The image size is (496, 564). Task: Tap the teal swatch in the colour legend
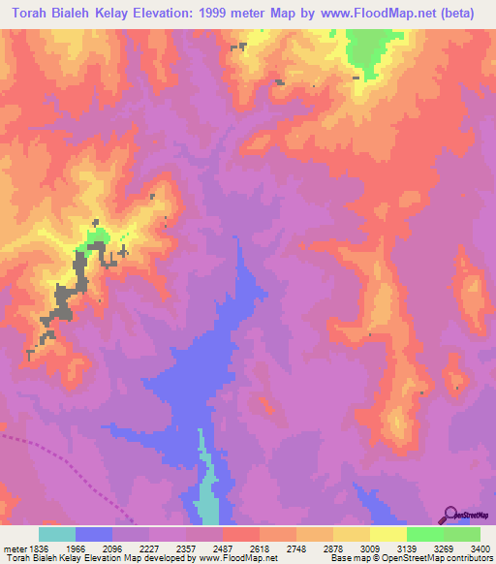click(57, 534)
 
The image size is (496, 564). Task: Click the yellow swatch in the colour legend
click(387, 534)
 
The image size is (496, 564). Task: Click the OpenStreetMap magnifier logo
click(450, 514)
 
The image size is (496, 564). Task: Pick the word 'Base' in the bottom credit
click(339, 559)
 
